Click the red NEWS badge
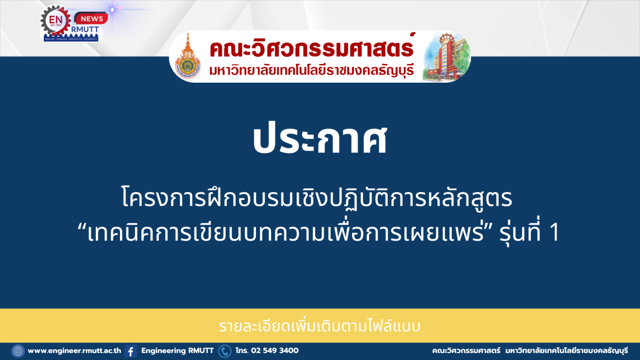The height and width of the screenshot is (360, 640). pos(91,19)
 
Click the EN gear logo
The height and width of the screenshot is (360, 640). pos(55,21)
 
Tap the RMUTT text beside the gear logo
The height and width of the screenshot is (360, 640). pos(85,29)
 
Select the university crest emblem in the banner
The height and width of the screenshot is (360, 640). pos(187,57)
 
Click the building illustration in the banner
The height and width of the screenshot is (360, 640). pos(446,57)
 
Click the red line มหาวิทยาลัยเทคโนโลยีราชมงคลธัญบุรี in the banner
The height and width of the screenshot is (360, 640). pos(311,70)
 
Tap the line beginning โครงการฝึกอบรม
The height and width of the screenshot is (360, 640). pos(317,197)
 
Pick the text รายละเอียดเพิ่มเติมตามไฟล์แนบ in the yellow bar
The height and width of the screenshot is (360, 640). pos(319,326)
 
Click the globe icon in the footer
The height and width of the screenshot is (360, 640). pos(18,351)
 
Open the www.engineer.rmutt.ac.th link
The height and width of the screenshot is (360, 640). pos(74,350)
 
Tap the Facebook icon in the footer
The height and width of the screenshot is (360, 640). pos(131,351)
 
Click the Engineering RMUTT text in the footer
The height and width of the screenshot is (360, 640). pos(178,350)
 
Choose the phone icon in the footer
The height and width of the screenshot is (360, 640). pos(225,351)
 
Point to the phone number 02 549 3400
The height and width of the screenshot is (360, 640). pos(275,350)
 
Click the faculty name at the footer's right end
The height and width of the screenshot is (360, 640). pos(530,351)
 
